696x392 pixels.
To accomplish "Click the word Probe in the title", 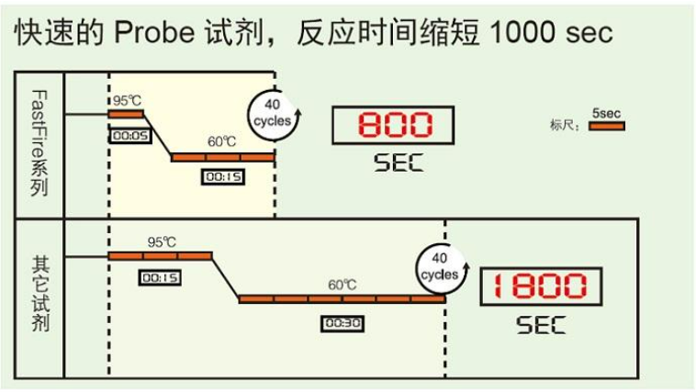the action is (x=154, y=32).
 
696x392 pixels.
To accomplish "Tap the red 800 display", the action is (x=393, y=125).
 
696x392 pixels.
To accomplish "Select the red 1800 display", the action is (x=541, y=286).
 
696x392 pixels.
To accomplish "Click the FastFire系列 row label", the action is (x=39, y=143).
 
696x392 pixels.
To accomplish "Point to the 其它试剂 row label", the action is (x=40, y=294).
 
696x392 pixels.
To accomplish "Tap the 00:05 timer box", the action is (x=130, y=135).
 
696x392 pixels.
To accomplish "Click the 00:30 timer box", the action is (x=342, y=323).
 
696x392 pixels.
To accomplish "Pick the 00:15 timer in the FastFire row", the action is (x=223, y=176).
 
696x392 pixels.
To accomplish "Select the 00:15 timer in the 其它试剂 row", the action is (x=160, y=278).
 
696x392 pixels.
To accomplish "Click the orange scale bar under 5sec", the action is (x=607, y=126).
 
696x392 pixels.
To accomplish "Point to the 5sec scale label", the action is (x=606, y=113).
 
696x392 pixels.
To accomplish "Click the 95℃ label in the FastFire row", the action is (x=127, y=101).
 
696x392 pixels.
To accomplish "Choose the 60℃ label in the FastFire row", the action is (x=222, y=141).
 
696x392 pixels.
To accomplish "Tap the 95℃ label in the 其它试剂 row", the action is (x=162, y=242).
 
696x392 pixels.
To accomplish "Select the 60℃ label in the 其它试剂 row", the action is (x=342, y=285).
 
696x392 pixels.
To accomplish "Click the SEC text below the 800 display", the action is (x=399, y=162).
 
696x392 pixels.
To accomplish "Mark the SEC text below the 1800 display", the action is (x=541, y=325).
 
